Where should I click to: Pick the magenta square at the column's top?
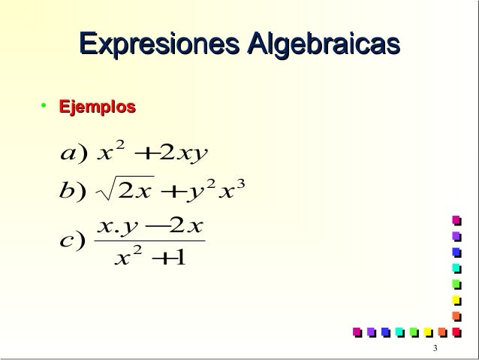click(455, 219)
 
